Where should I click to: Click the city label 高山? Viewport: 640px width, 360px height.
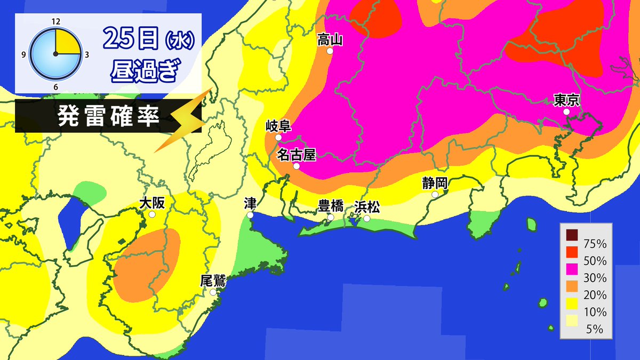coord(329,39)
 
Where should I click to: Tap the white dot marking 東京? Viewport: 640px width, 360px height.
coord(566,112)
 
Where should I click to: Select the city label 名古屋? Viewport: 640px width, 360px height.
coord(297,154)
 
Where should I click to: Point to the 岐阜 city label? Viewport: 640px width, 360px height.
coord(278,126)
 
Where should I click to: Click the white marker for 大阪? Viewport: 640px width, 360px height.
coord(152,214)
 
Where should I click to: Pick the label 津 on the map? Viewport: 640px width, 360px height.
coord(250,203)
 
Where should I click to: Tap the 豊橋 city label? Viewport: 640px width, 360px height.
coord(331,206)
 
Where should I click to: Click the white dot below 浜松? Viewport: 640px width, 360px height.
coord(366,218)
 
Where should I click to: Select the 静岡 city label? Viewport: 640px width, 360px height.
coord(434,183)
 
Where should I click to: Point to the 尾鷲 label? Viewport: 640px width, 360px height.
coord(212,281)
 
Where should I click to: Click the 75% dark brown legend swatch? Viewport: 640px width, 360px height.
coord(572,235)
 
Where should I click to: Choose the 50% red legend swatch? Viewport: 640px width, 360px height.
coord(572,252)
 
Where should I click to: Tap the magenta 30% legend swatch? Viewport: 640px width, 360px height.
coord(572,269)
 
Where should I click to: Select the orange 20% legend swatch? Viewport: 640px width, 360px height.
coord(572,286)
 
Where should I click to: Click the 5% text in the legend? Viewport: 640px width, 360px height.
coord(595,329)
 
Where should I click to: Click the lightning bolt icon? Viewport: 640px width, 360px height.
coord(184,120)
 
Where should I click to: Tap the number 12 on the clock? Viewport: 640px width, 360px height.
coord(55,22)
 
